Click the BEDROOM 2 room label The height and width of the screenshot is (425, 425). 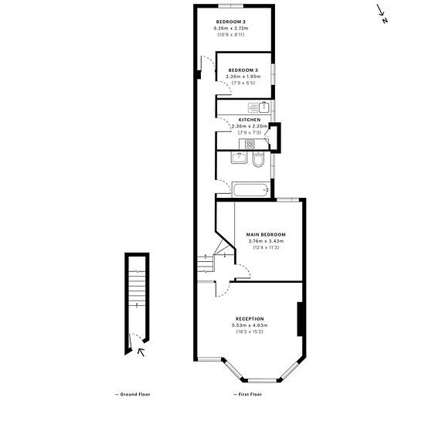click(231, 22)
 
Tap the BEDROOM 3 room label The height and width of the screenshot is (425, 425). click(243, 70)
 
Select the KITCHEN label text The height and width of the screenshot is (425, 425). click(250, 120)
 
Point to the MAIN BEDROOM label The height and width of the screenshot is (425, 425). click(266, 234)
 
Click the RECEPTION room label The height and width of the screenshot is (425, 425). click(250, 318)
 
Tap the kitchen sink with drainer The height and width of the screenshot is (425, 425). click(258, 107)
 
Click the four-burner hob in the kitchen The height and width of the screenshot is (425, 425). click(250, 144)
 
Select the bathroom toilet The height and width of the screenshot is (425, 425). click(258, 159)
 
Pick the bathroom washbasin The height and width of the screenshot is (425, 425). click(239, 158)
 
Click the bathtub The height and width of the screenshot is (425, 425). click(251, 190)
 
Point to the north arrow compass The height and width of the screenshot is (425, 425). click(382, 14)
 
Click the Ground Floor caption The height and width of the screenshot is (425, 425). click(133, 394)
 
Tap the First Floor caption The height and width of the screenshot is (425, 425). click(247, 394)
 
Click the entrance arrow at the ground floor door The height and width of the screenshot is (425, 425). click(141, 352)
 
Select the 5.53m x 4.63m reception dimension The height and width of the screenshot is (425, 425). click(250, 325)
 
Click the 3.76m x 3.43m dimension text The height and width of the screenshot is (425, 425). click(266, 241)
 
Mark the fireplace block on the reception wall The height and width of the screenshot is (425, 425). click(300, 319)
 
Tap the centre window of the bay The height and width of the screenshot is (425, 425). click(262, 380)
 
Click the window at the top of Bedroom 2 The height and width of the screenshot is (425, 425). click(231, 6)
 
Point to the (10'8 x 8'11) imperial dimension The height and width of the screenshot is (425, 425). click(231, 35)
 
